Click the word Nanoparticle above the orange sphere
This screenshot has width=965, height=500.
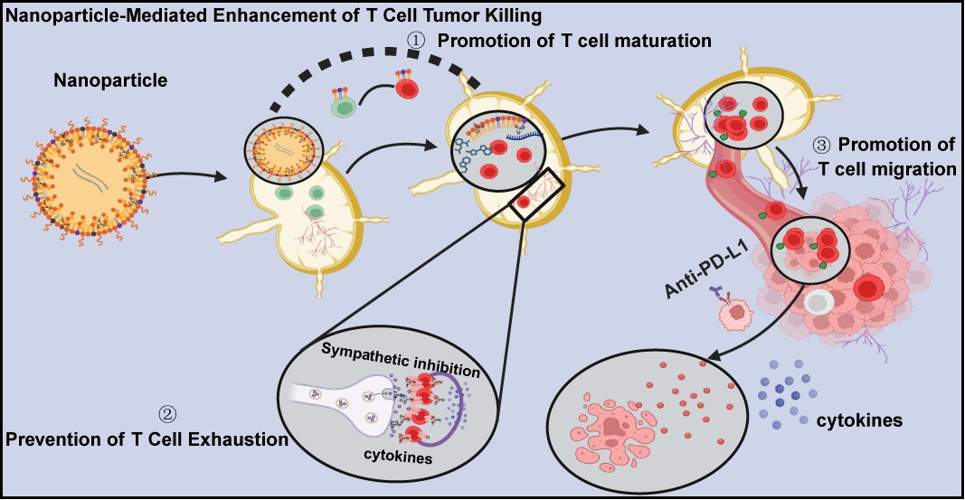click(x=110, y=80)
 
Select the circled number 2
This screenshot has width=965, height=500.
click(x=168, y=415)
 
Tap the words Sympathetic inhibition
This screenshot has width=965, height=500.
click(x=400, y=362)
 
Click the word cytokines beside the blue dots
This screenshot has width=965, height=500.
click(x=859, y=420)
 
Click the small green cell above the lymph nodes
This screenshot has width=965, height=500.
click(x=342, y=107)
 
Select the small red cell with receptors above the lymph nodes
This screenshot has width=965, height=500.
click(x=406, y=88)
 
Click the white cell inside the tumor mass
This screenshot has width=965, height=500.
click(x=818, y=302)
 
